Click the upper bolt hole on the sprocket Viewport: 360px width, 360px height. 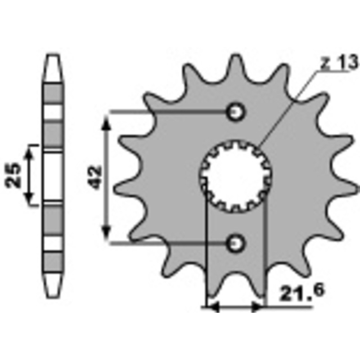tap(235, 111)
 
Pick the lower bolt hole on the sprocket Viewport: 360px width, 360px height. tap(235, 243)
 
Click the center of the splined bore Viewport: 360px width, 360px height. tap(235, 177)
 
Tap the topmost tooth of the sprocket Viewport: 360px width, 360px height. tap(236, 61)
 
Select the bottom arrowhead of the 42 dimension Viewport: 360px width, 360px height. tap(106, 234)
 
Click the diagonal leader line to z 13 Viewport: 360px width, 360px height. tap(288, 108)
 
